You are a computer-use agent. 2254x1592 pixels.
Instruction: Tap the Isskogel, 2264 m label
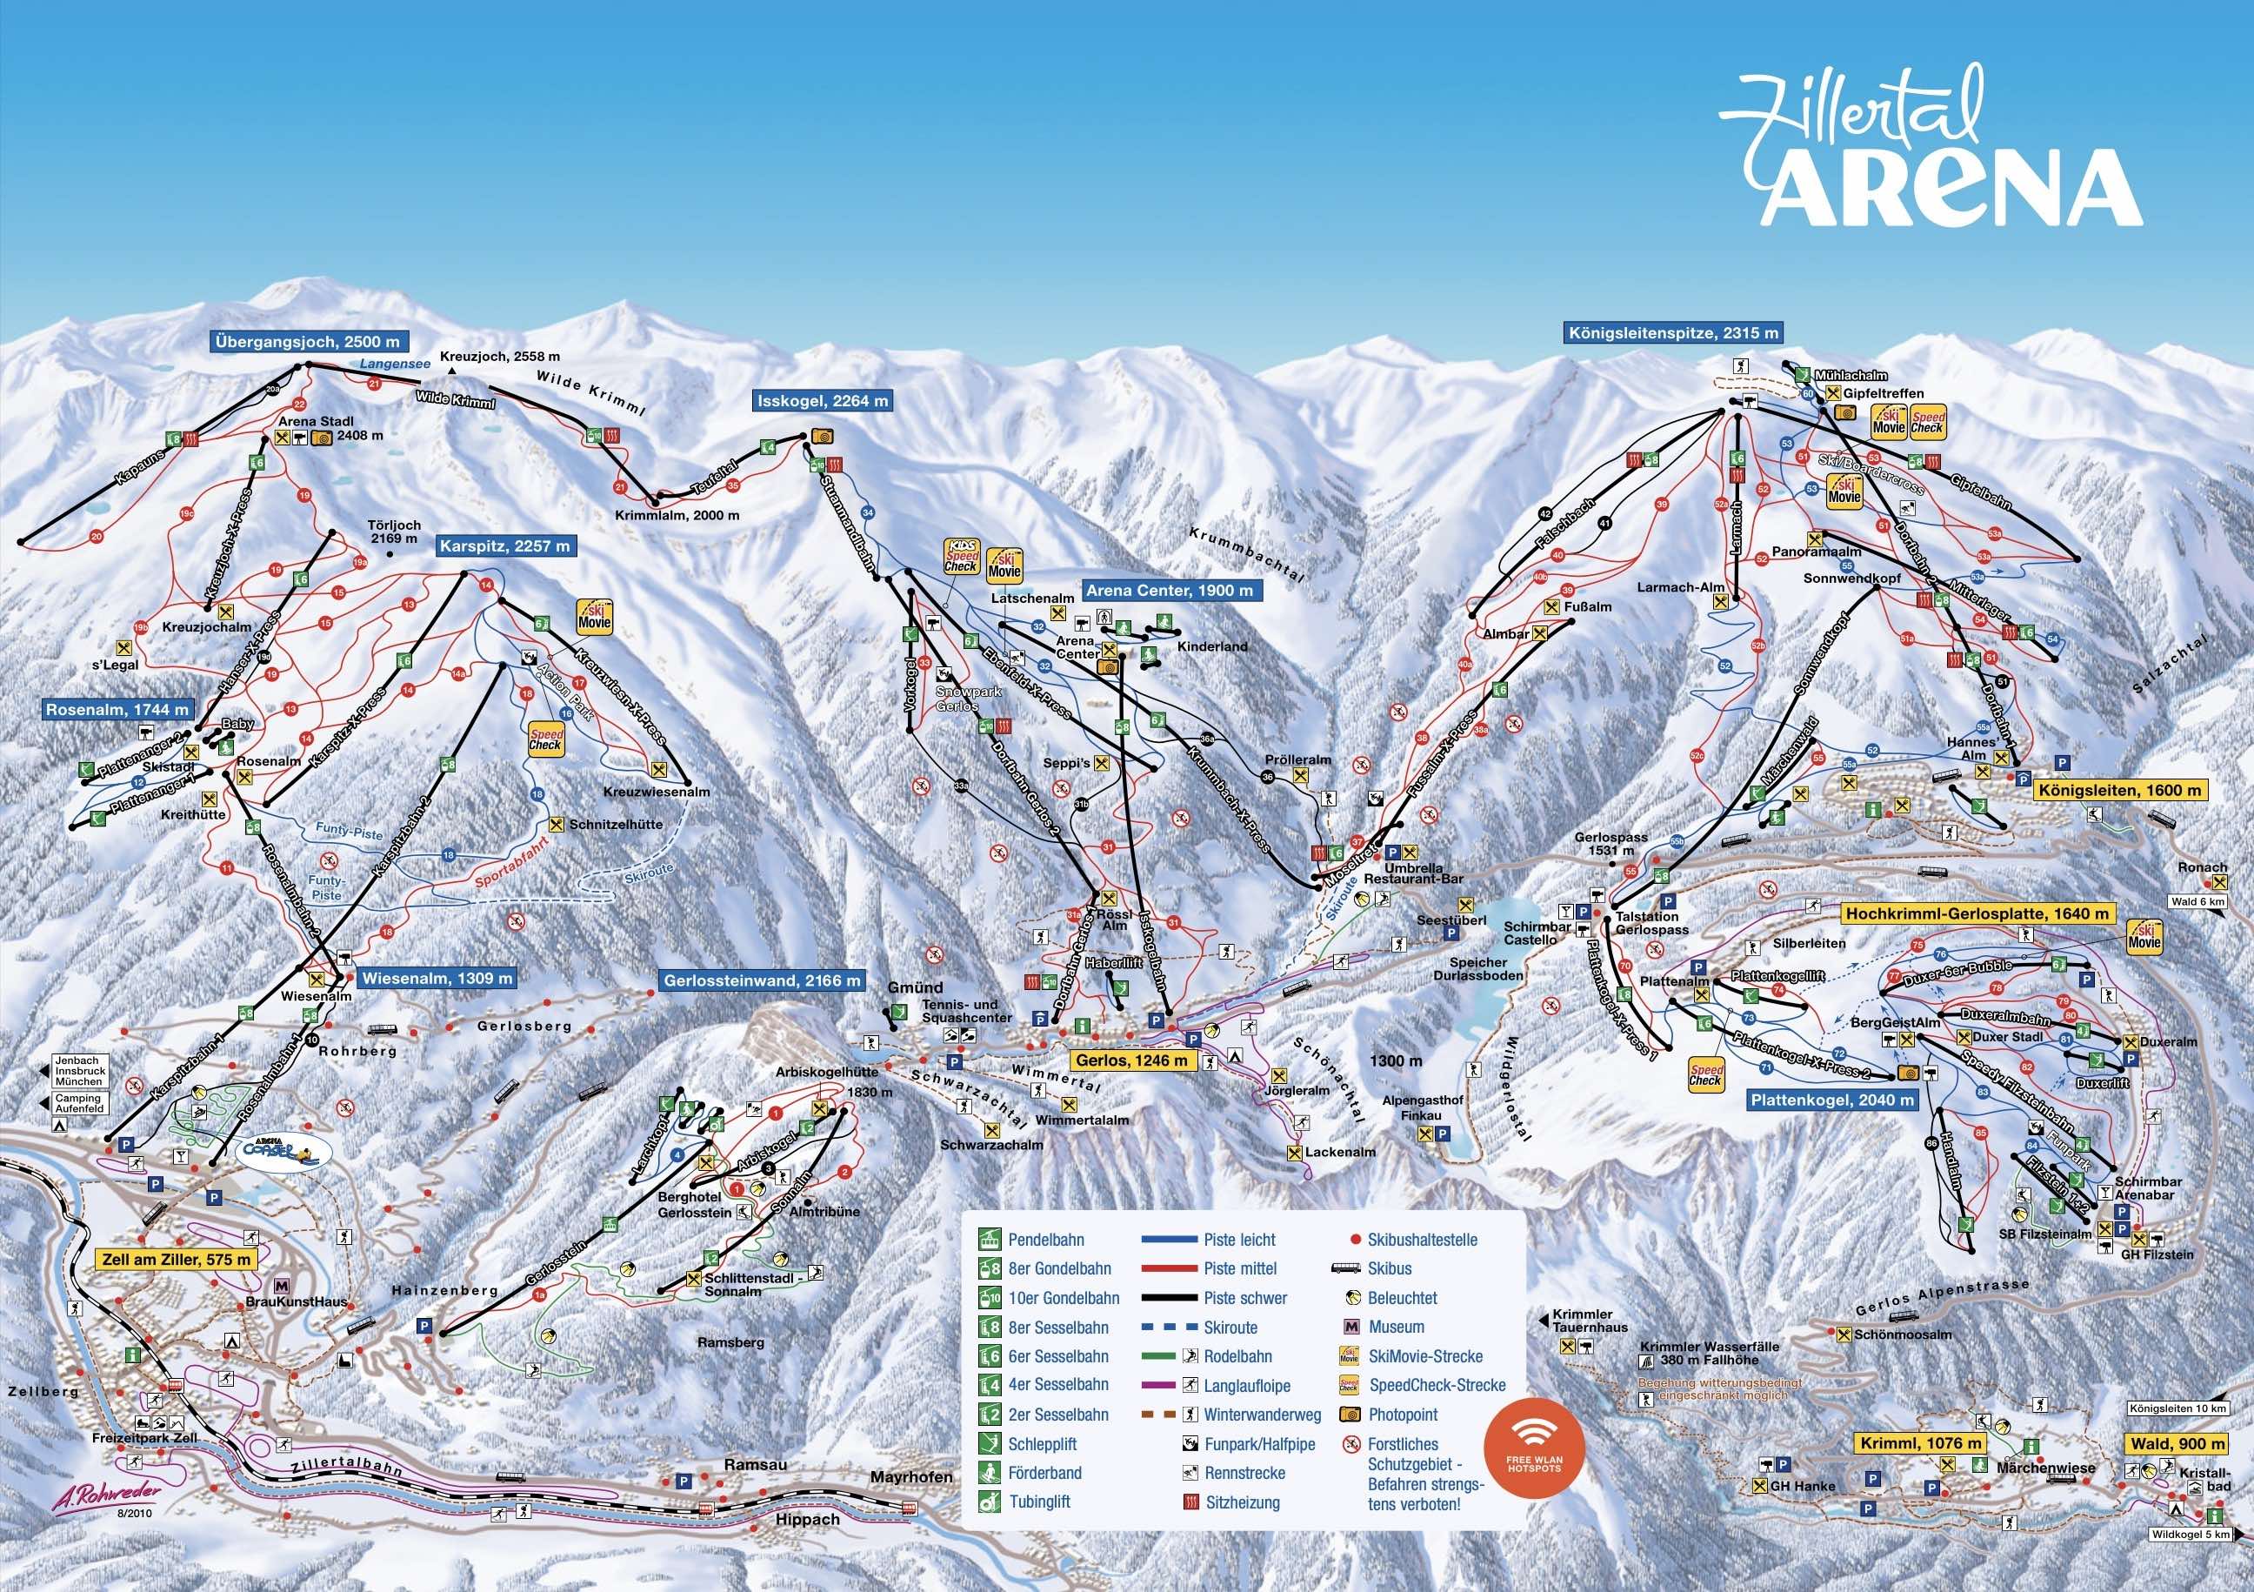[x=823, y=401]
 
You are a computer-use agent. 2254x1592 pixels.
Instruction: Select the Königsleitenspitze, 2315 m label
[x=1673, y=333]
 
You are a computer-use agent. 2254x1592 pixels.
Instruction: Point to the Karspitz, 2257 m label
[x=504, y=546]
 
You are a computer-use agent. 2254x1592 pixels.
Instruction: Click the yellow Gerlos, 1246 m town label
[x=1131, y=1060]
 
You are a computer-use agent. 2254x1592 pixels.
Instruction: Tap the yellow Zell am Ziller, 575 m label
[x=176, y=1259]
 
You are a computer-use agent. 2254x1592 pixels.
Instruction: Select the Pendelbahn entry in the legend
[x=1044, y=1241]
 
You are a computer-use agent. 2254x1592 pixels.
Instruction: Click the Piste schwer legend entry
[x=1244, y=1297]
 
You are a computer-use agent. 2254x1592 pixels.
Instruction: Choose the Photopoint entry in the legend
[x=1402, y=1415]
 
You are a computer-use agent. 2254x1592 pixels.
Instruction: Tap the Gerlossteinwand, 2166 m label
[x=762, y=980]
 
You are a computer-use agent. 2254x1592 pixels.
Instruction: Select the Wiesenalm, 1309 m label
[x=436, y=978]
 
